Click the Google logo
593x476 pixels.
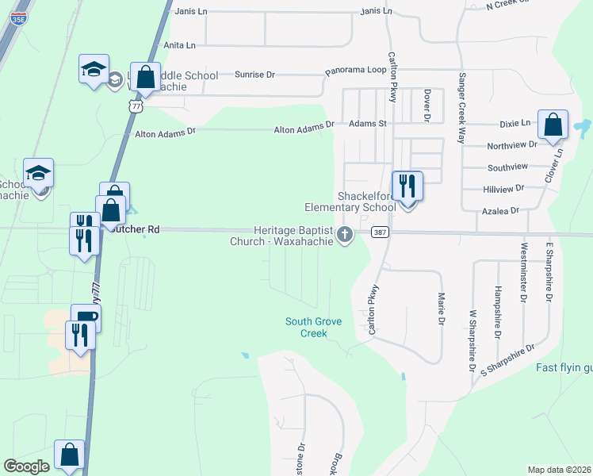click(x=26, y=466)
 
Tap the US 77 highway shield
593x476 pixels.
click(x=137, y=106)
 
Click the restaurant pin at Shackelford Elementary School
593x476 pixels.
click(x=407, y=187)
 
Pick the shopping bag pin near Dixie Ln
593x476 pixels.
click(x=553, y=125)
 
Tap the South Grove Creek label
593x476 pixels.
click(x=306, y=327)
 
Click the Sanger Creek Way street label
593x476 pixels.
click(x=461, y=108)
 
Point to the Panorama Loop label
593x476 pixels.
click(x=356, y=71)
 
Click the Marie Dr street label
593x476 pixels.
click(x=441, y=307)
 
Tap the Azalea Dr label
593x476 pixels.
click(x=500, y=211)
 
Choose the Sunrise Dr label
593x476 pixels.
click(x=254, y=75)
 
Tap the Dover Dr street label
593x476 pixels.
click(x=426, y=106)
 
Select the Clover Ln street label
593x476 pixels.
click(x=559, y=162)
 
